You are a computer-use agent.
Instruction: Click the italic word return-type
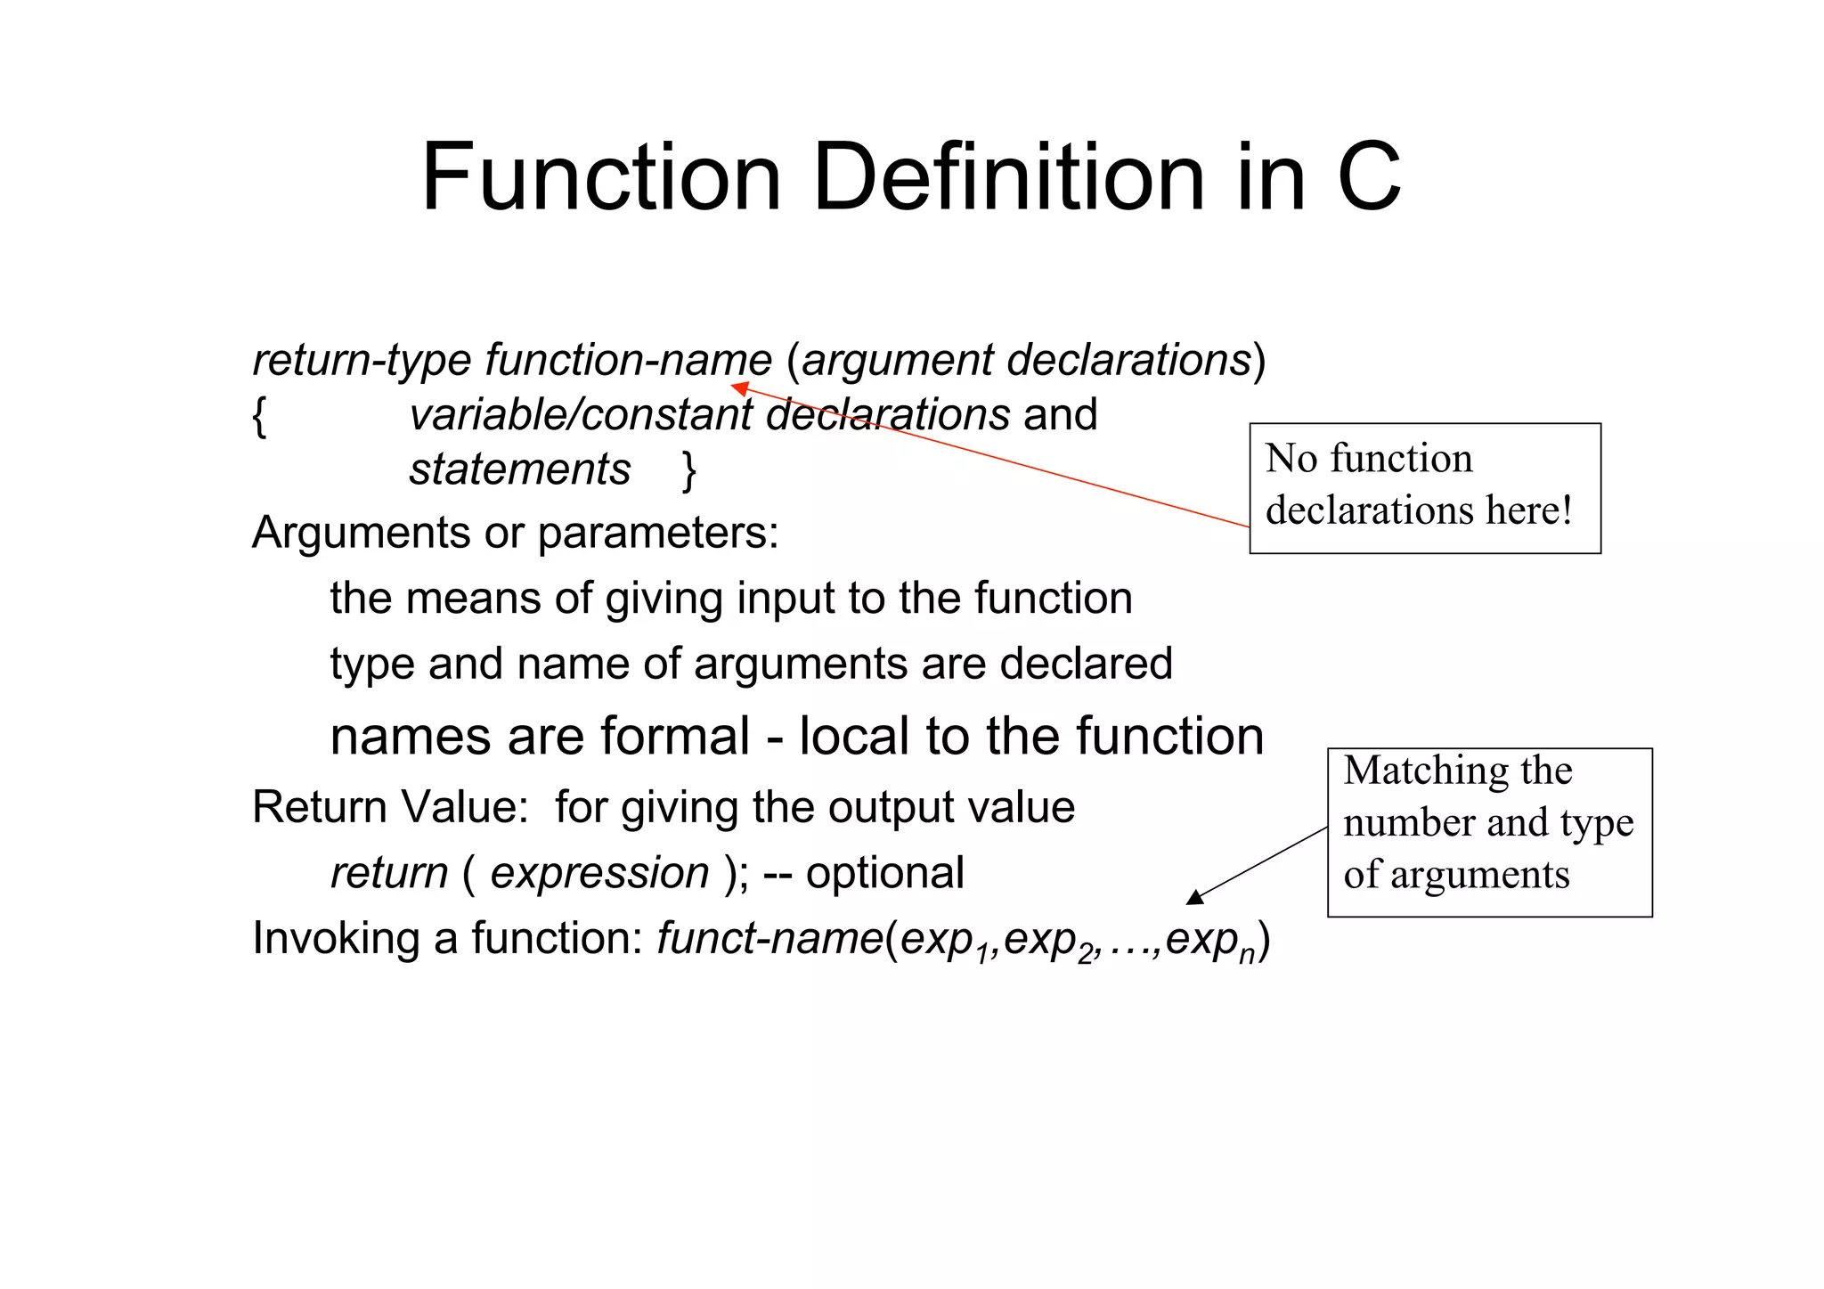coord(361,361)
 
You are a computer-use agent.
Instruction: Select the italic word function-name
coord(628,361)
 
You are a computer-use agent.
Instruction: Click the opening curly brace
coord(259,416)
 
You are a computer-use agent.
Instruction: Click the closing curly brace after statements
coord(688,470)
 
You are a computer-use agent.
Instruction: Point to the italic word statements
coord(519,469)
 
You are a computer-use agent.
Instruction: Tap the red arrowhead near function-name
coord(739,388)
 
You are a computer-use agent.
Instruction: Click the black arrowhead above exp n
coord(1196,897)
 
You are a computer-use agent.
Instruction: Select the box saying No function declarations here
coord(1424,488)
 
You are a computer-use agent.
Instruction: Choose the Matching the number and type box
coord(1489,832)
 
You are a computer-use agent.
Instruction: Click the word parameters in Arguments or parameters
coord(657,534)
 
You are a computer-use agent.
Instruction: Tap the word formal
coord(674,737)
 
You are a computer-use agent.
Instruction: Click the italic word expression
coord(599,873)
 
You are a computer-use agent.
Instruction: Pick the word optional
coord(884,873)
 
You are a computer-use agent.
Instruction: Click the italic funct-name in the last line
coord(769,938)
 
